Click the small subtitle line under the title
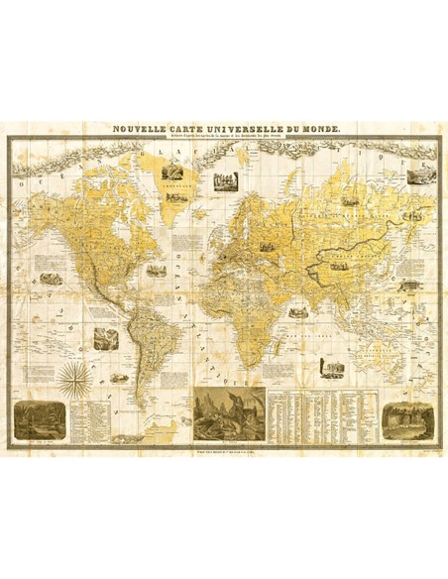click(x=225, y=137)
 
